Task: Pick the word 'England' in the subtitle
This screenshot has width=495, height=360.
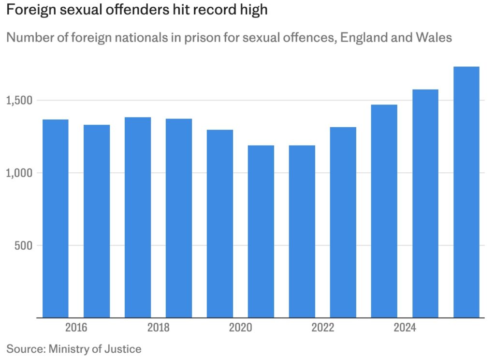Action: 367,37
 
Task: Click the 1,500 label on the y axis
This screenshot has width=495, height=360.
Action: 19,101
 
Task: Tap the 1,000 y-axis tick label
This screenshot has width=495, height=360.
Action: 19,173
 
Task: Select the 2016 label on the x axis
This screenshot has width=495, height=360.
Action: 76,328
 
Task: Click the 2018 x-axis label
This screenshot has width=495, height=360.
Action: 158,328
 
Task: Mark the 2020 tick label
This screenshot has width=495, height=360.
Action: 240,328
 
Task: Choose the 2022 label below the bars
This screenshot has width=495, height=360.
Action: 322,328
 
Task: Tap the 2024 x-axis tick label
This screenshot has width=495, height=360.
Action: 405,328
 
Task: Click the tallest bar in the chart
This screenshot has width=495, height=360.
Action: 466,194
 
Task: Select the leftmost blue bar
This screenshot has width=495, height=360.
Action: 56,218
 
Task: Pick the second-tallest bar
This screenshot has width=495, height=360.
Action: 425,203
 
